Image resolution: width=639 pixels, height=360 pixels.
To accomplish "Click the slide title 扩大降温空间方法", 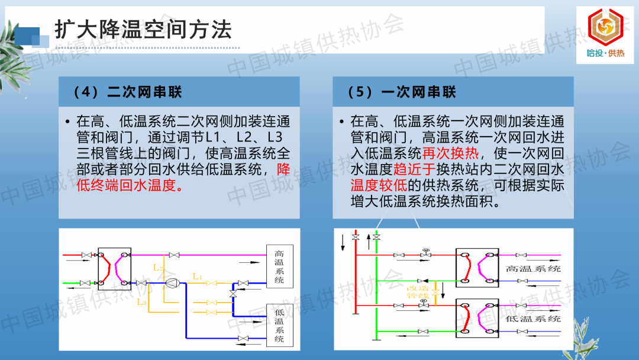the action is coord(143,30).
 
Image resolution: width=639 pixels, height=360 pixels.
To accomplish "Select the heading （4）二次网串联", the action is coord(127,92).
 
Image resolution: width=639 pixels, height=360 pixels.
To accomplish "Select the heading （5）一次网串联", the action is coord(401,92).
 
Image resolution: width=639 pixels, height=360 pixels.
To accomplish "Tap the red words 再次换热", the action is coord(450,153).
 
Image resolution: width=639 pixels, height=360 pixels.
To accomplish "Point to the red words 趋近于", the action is coord(414,169).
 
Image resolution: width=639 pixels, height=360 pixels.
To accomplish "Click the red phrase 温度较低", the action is coord(379,185).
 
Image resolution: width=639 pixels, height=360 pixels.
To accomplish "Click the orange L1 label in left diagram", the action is coord(197,277).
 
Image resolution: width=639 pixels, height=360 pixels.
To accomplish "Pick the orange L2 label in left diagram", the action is coord(158,268).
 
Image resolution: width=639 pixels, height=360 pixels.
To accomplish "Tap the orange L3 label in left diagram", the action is coord(141,302).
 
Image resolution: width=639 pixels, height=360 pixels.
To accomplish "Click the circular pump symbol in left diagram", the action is coord(172,283).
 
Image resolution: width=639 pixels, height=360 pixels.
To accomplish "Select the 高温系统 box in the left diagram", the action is coord(279,266).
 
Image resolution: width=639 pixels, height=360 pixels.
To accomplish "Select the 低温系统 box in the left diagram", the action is coord(279,325).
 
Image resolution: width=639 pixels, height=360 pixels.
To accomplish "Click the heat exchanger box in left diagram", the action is coord(115,269).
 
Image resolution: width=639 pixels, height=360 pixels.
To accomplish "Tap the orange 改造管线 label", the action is coord(418,292).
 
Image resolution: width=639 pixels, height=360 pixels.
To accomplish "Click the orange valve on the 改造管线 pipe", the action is coord(435,292).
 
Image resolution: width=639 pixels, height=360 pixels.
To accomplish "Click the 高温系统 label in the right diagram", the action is coord(533,269).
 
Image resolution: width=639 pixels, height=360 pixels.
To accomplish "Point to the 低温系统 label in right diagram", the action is coord(533,319).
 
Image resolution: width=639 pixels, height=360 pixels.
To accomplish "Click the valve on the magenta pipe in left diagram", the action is coord(174,255).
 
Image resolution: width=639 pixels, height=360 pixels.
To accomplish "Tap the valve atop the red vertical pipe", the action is coord(356,237).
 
